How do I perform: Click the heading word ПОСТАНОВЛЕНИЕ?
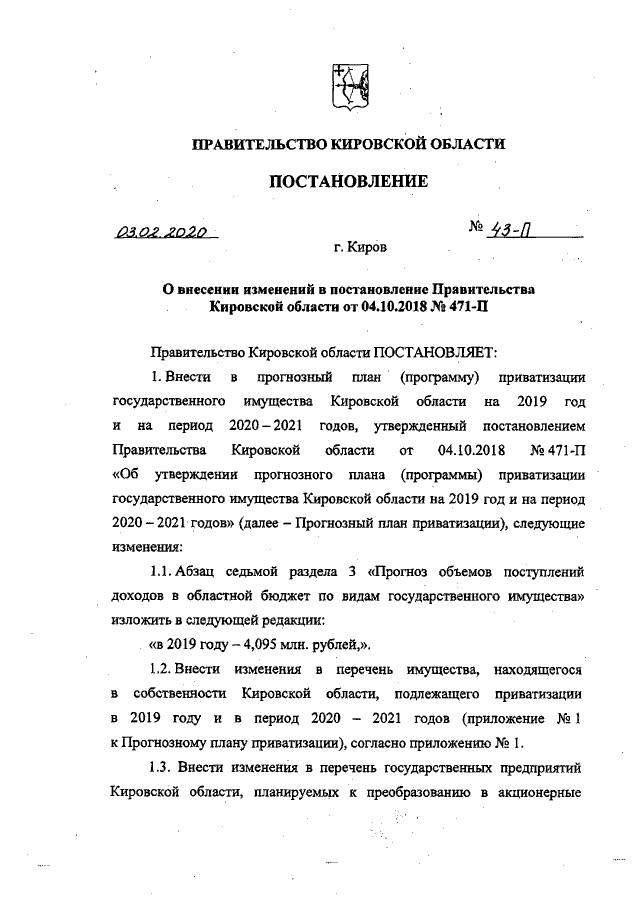[x=348, y=181]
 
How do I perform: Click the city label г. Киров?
[x=361, y=245]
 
